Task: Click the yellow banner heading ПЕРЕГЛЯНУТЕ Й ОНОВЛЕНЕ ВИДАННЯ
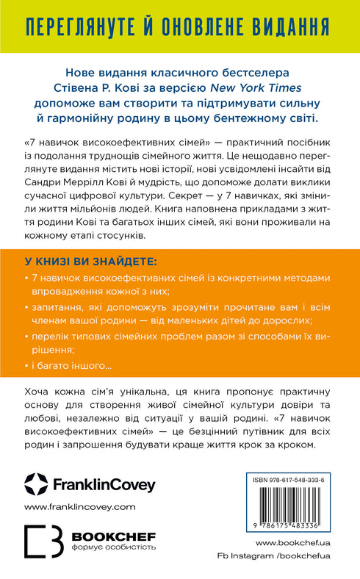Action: [x=180, y=29]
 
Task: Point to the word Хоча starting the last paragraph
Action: [x=39, y=396]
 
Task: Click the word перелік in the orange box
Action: [x=54, y=338]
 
